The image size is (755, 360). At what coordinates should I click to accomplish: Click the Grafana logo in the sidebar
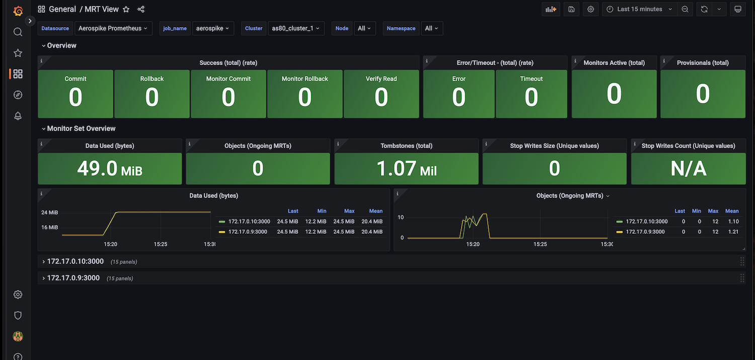[x=18, y=11]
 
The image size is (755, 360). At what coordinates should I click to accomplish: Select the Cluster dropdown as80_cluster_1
[x=295, y=29]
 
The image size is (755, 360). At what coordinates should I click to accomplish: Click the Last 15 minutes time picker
[x=639, y=9]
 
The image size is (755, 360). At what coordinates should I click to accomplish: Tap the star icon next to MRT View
[x=126, y=9]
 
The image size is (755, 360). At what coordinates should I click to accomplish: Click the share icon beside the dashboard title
[x=141, y=9]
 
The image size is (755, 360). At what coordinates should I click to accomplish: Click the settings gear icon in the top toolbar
[x=591, y=9]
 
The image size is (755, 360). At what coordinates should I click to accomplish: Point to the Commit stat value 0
[x=75, y=97]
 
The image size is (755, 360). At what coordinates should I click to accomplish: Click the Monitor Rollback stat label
[x=305, y=79]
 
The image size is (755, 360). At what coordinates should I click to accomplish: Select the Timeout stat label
[x=531, y=79]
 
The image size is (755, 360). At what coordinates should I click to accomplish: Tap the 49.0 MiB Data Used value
[x=110, y=169]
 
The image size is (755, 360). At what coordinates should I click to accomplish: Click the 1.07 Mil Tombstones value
[x=406, y=169]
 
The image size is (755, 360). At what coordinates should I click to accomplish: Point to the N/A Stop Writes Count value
[x=688, y=169]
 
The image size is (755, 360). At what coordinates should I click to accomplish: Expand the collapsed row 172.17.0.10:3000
[x=75, y=261]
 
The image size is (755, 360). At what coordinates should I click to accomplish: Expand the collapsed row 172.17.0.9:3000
[x=73, y=278]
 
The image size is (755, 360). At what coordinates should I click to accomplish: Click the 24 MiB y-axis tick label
[x=50, y=212]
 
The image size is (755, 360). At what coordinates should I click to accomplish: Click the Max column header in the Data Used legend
[x=349, y=211]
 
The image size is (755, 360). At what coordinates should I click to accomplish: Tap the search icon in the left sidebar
[x=18, y=32]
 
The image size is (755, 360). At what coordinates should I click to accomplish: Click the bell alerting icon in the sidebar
[x=18, y=116]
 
